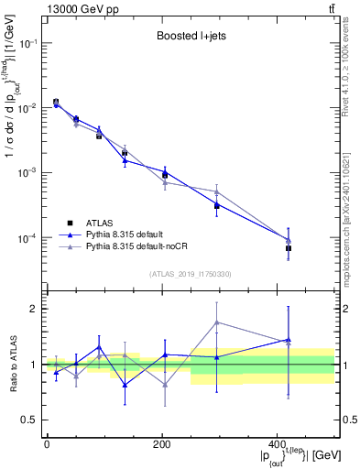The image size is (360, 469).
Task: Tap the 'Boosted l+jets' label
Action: (x=187, y=37)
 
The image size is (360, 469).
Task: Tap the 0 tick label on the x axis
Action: (x=46, y=443)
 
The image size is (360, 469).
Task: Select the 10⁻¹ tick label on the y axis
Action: (x=28, y=43)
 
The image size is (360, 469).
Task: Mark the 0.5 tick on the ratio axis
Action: (x=30, y=420)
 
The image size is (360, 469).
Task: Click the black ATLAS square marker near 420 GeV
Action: (x=289, y=248)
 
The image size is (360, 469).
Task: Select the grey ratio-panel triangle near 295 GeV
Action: (x=216, y=322)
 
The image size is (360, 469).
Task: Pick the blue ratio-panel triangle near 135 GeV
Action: (x=125, y=385)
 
